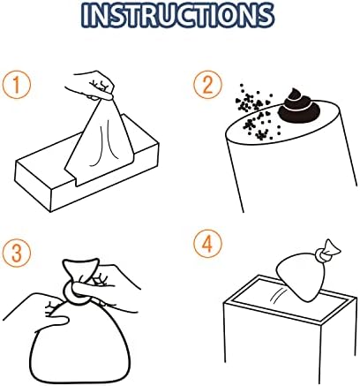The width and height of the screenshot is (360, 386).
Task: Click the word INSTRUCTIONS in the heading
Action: (177, 15)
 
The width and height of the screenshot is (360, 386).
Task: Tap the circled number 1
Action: (17, 85)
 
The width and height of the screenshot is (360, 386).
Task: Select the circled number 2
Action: (207, 85)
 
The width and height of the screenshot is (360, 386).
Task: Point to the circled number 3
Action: (17, 253)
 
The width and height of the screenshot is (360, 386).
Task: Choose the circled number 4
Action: (207, 244)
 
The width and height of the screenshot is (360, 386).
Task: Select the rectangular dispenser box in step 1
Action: (86, 170)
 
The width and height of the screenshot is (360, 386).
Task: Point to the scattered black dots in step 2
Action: (255, 113)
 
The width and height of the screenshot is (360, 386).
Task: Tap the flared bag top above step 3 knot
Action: (80, 270)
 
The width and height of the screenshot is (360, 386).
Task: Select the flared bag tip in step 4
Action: (332, 247)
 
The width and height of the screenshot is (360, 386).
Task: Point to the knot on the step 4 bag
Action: (322, 255)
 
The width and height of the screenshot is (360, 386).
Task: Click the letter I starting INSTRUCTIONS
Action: (85, 15)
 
